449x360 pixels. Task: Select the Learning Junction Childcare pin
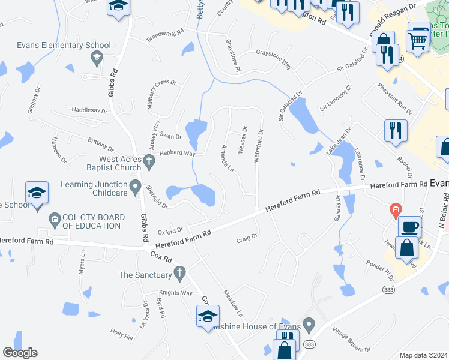[x=136, y=186]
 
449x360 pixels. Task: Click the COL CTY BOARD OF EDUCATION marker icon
[x=55, y=217]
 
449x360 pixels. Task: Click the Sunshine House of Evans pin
[x=309, y=326]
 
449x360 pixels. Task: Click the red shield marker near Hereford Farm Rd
[x=395, y=209]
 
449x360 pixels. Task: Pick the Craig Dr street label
[x=247, y=236]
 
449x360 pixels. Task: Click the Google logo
[x=20, y=353]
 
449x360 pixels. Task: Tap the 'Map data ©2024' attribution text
[x=424, y=355]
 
